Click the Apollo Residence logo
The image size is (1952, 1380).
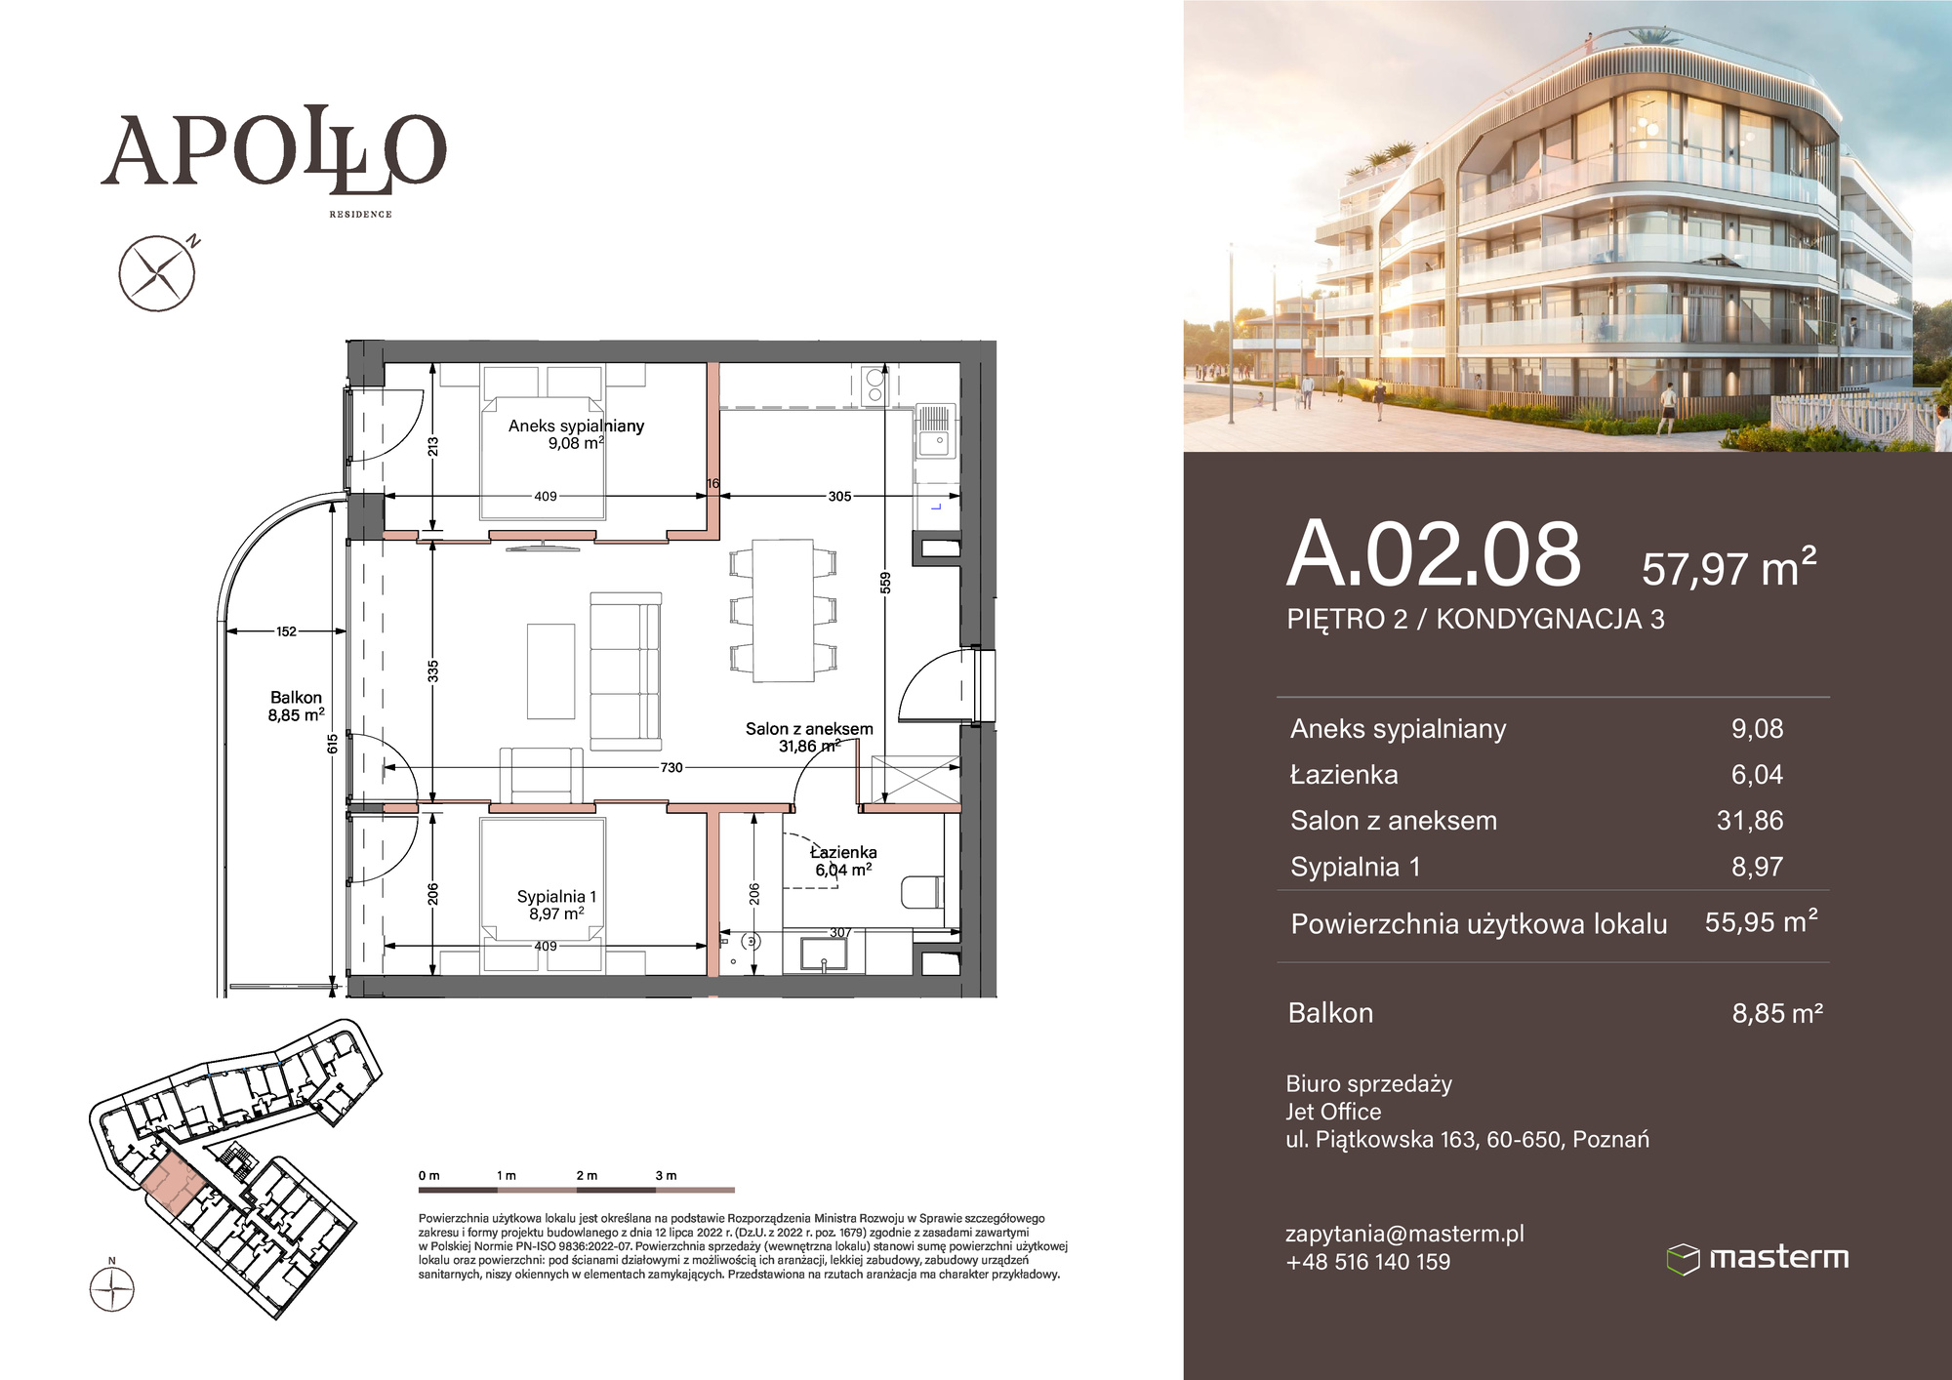tap(273, 161)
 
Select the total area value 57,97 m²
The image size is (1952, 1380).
tap(1728, 567)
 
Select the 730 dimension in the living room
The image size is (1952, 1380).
tap(671, 768)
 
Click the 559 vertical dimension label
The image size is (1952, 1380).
tap(885, 583)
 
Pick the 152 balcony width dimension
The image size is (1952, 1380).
tap(286, 631)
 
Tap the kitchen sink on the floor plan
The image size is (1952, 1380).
tap(934, 432)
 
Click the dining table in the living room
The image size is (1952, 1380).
tap(783, 611)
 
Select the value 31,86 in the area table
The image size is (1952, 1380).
tap(1749, 820)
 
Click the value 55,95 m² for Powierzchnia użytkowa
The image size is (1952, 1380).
tap(1761, 921)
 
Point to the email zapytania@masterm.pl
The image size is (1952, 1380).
tap(1404, 1234)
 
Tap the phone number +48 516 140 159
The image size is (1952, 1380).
tap(1367, 1262)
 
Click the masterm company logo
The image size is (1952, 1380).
tap(1758, 1258)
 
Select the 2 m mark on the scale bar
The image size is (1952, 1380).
tap(587, 1176)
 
